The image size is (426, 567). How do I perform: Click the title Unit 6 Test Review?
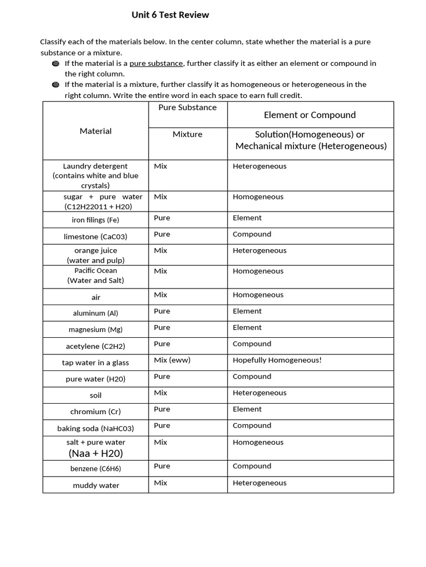[170, 15]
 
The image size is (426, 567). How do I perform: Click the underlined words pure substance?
[156, 63]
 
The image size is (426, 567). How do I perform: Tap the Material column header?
[95, 131]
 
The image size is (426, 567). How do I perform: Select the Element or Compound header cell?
[310, 115]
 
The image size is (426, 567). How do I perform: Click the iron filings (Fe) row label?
[95, 220]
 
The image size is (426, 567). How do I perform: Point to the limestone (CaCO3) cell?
[95, 236]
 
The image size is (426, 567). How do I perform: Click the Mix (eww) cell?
[172, 360]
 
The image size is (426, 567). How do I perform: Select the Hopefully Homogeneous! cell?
[277, 360]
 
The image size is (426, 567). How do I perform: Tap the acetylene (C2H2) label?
[95, 346]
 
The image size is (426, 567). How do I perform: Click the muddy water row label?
[96, 486]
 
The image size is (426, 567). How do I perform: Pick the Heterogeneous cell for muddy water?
[260, 483]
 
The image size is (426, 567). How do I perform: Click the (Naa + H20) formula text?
[95, 453]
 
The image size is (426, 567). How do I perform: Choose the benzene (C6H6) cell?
[95, 468]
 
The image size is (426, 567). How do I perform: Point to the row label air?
[96, 297]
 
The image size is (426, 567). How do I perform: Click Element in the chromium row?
[247, 409]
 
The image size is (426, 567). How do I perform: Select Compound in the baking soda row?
[252, 425]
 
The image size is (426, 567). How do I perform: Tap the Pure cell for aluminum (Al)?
[162, 311]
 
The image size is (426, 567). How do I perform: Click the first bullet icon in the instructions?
[55, 64]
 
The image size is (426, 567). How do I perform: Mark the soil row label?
[95, 395]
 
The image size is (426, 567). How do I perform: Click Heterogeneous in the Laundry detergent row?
[260, 166]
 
